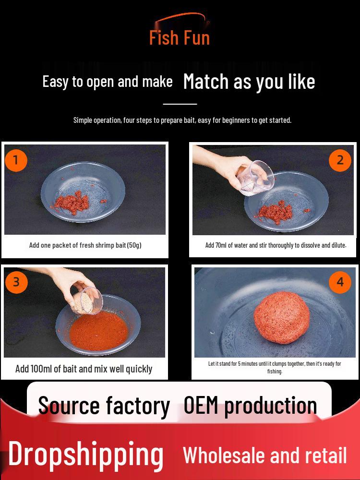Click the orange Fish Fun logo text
(x=180, y=37)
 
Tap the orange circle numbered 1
(x=16, y=160)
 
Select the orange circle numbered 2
(x=340, y=160)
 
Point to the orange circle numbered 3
(x=16, y=282)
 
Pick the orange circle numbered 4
(x=340, y=282)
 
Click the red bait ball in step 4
(x=282, y=317)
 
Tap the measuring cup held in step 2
(x=256, y=179)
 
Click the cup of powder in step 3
(x=87, y=300)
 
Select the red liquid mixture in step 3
(x=98, y=331)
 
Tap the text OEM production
(x=250, y=406)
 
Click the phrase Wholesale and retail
(x=265, y=455)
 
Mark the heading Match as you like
(x=249, y=82)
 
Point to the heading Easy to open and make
(x=108, y=82)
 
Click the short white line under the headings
(x=180, y=104)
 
